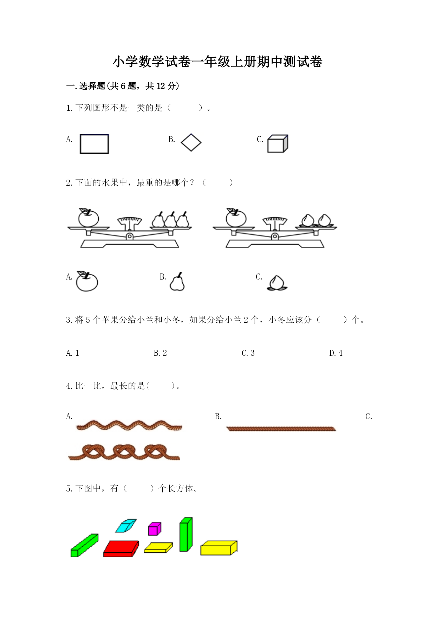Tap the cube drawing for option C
click(x=278, y=143)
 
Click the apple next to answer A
click(x=87, y=281)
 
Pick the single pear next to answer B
click(x=177, y=282)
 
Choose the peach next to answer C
click(x=277, y=283)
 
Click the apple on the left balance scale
click(x=89, y=217)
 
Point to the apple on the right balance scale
click(x=236, y=217)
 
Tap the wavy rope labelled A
click(x=129, y=425)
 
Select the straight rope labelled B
click(x=281, y=429)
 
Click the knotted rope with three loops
click(x=124, y=452)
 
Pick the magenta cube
click(x=155, y=529)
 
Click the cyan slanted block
click(x=126, y=526)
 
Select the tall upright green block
click(x=186, y=534)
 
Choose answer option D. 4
click(x=336, y=353)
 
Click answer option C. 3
click(x=248, y=353)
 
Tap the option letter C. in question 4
click(x=369, y=417)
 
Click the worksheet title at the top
click(x=217, y=62)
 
